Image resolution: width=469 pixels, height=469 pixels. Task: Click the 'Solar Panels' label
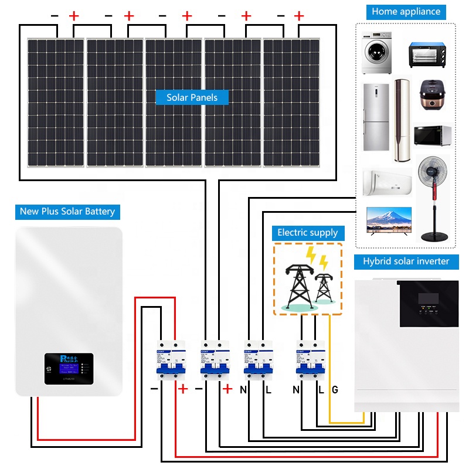tap(192, 97)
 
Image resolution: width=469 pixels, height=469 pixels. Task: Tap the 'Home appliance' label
tap(406, 11)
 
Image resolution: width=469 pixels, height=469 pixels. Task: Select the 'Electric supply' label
tap(307, 233)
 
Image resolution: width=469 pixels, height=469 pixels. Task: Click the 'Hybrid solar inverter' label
tap(406, 261)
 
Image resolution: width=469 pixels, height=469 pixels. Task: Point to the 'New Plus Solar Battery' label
tap(67, 212)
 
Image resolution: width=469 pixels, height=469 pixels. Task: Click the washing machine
tap(376, 53)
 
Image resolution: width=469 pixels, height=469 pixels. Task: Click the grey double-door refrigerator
tap(375, 117)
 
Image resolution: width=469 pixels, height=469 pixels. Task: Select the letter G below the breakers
tap(335, 389)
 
